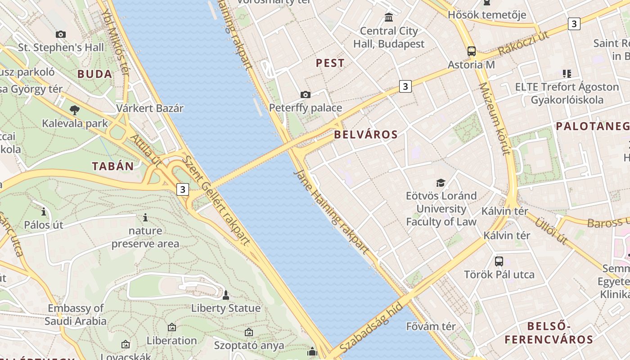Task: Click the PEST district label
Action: click(x=330, y=63)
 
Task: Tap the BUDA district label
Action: click(x=94, y=74)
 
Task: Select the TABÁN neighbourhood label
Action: click(x=113, y=166)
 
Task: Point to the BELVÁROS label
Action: click(x=366, y=135)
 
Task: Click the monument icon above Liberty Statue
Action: click(x=226, y=295)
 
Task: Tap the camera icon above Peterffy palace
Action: click(x=306, y=94)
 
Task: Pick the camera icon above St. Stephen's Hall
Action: click(x=61, y=34)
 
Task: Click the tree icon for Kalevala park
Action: click(x=75, y=110)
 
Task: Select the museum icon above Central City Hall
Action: click(x=389, y=18)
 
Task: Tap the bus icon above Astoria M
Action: click(x=471, y=51)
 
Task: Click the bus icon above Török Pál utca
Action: click(x=499, y=261)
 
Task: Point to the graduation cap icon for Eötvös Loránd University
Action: click(x=441, y=183)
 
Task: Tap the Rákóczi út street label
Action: click(x=524, y=43)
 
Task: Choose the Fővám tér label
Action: click(x=431, y=326)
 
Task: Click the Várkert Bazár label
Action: click(x=150, y=108)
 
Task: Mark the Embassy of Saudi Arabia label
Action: click(x=76, y=315)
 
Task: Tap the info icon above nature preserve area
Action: click(x=145, y=218)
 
